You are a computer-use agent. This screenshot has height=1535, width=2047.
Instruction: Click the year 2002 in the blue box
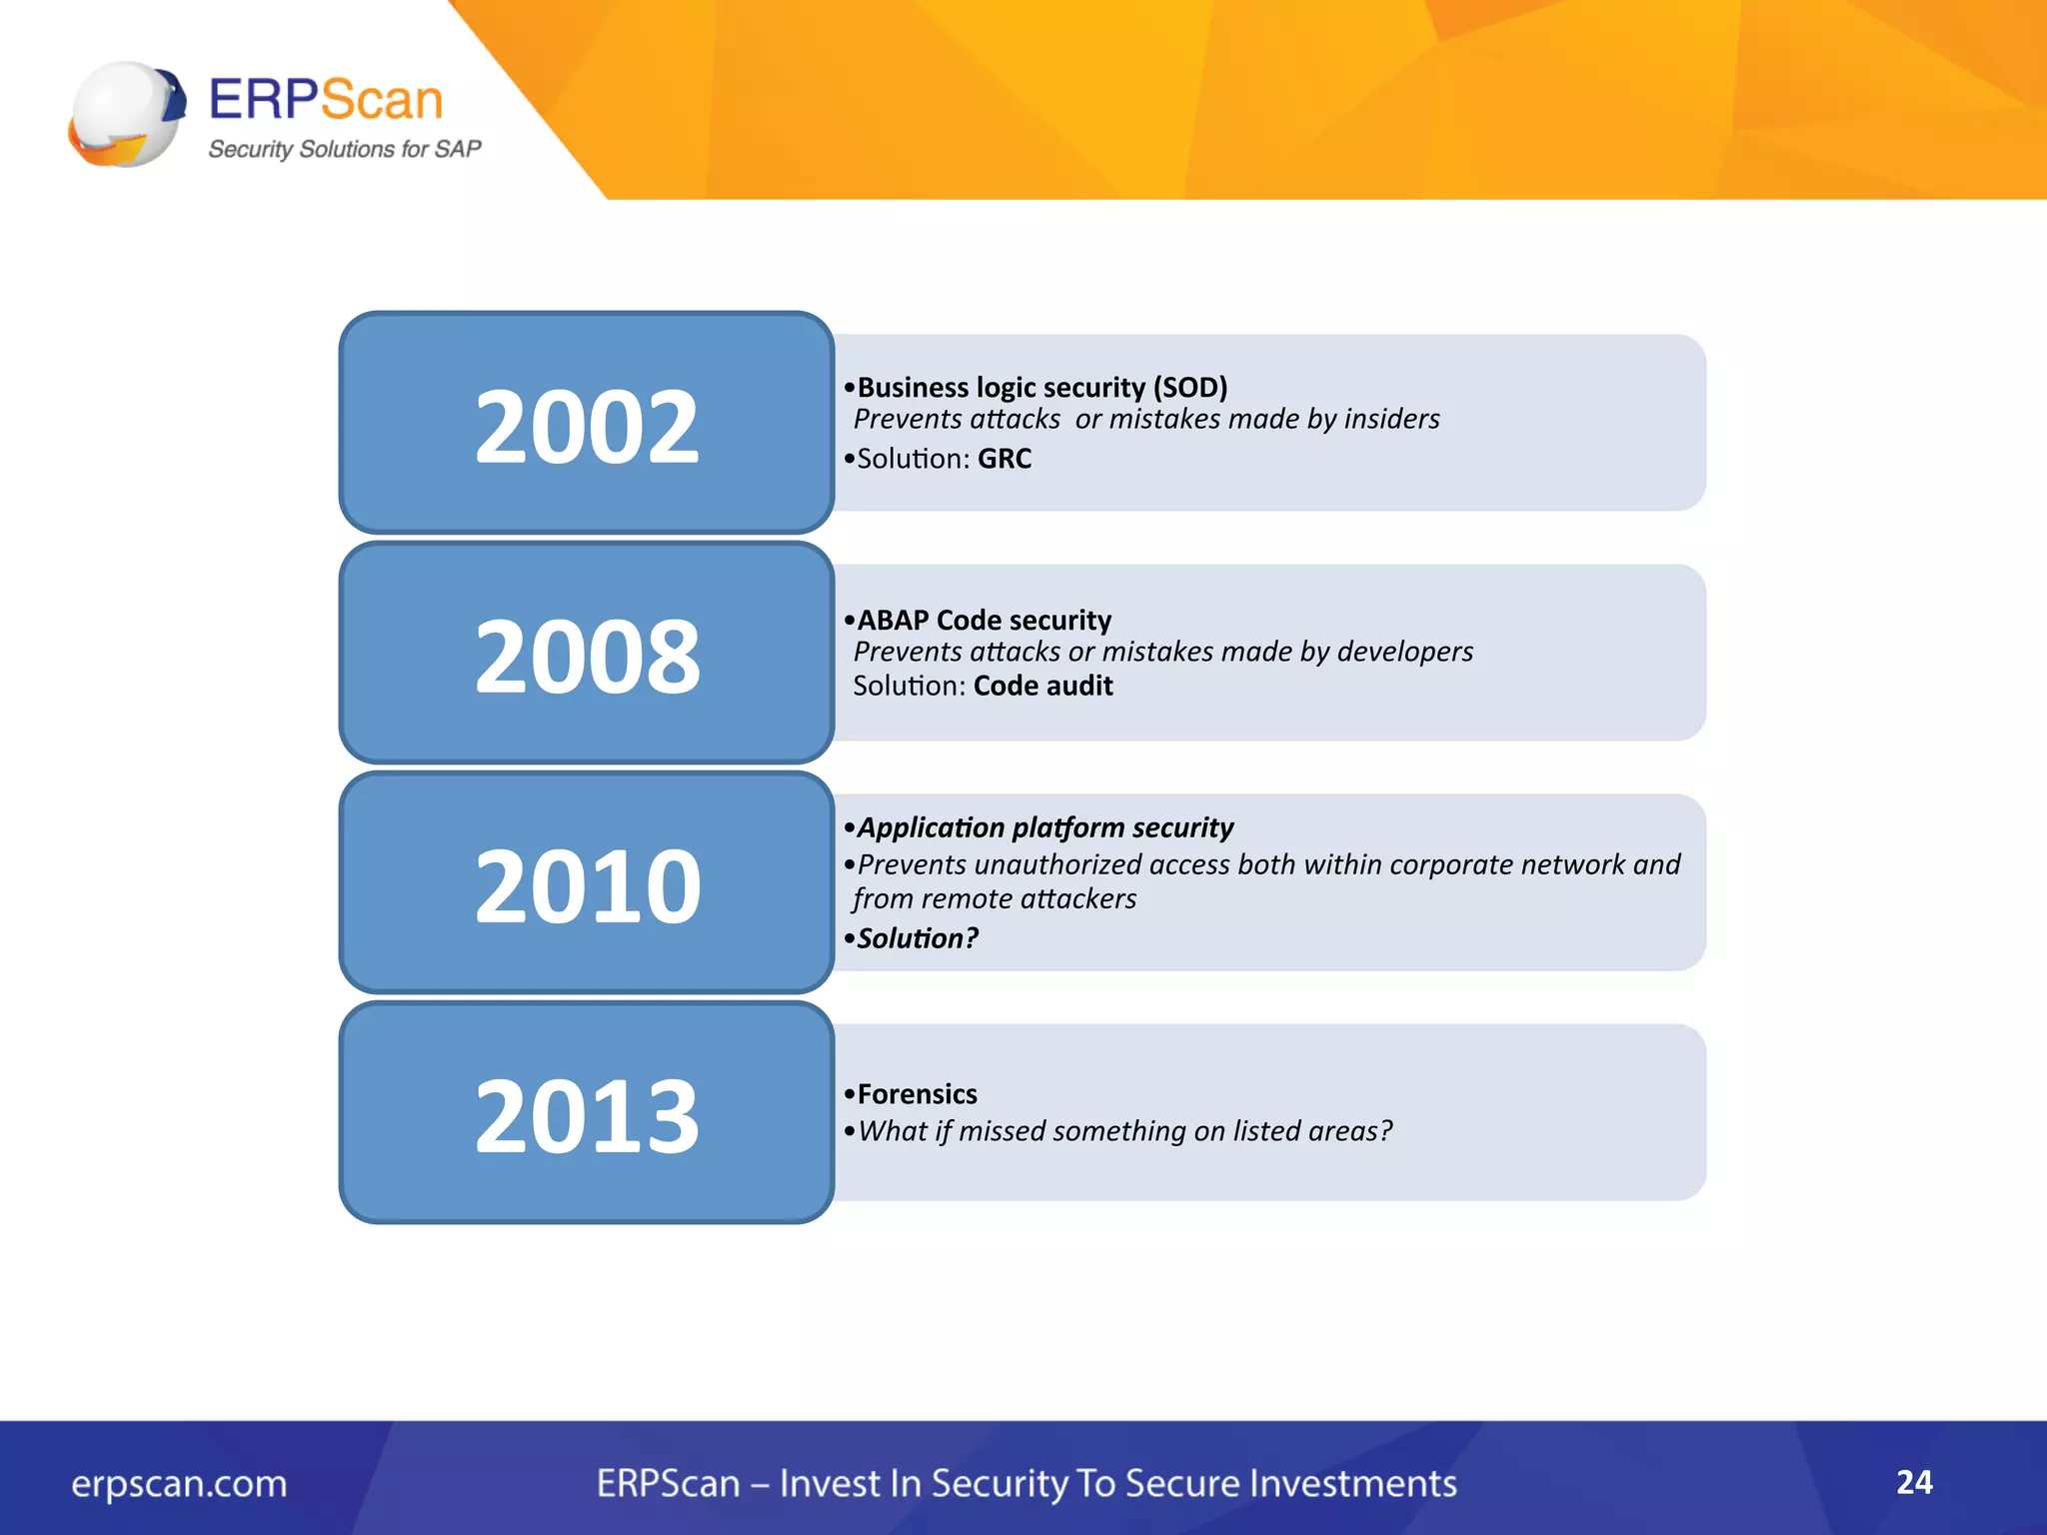(x=587, y=427)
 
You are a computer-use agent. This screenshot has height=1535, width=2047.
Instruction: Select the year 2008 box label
(x=587, y=657)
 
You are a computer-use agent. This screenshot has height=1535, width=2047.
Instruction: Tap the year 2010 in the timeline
(x=587, y=886)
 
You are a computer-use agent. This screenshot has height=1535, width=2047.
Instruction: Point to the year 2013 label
(x=587, y=1116)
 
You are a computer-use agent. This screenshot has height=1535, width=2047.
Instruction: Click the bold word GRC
(x=1005, y=459)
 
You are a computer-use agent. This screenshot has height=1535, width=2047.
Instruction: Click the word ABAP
(x=893, y=621)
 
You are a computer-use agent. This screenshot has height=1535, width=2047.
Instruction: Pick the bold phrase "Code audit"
(x=1042, y=687)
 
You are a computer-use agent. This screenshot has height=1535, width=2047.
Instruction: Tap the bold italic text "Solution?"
(x=918, y=938)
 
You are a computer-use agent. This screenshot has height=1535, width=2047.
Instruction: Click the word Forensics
(x=917, y=1094)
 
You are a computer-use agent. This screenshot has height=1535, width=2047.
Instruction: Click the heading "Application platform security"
(x=1044, y=827)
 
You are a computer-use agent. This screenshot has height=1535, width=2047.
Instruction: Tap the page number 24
(x=1914, y=1482)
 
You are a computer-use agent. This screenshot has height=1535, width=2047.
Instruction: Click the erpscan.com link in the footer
(x=179, y=1484)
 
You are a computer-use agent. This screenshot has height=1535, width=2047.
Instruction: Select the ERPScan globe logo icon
(x=127, y=114)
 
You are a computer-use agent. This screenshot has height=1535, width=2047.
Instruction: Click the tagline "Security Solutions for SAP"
(x=344, y=149)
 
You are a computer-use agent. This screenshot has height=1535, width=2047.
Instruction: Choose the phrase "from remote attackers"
(x=995, y=899)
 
